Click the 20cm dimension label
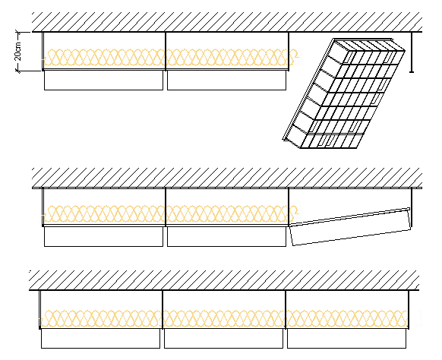[17, 51]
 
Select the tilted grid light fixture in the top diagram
[344, 93]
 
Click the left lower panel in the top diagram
[103, 81]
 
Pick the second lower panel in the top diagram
[226, 81]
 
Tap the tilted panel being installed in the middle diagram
[350, 227]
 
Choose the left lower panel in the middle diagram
[103, 236]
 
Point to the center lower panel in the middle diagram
[226, 236]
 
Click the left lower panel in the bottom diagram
[101, 338]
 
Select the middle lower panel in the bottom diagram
[223, 338]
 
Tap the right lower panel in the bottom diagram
[347, 338]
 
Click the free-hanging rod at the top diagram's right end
[412, 52]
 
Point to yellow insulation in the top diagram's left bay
[104, 58]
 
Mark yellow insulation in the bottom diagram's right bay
[347, 318]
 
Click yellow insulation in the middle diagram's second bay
[227, 214]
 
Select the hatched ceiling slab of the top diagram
[227, 22]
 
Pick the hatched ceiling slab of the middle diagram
[227, 178]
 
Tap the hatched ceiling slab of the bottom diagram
[224, 280]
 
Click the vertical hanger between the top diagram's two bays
[166, 51]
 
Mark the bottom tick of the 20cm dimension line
[18, 71]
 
